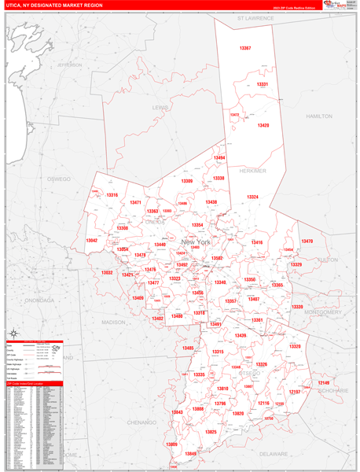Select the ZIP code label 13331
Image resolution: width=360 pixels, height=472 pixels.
click(263, 84)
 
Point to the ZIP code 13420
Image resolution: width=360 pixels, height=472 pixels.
click(263, 125)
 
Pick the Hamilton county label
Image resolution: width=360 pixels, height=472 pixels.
click(320, 116)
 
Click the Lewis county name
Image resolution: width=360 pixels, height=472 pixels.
click(160, 107)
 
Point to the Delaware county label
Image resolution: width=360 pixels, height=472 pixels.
click(274, 454)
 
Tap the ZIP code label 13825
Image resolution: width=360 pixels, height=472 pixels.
click(211, 432)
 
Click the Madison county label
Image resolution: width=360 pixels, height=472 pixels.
click(113, 323)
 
